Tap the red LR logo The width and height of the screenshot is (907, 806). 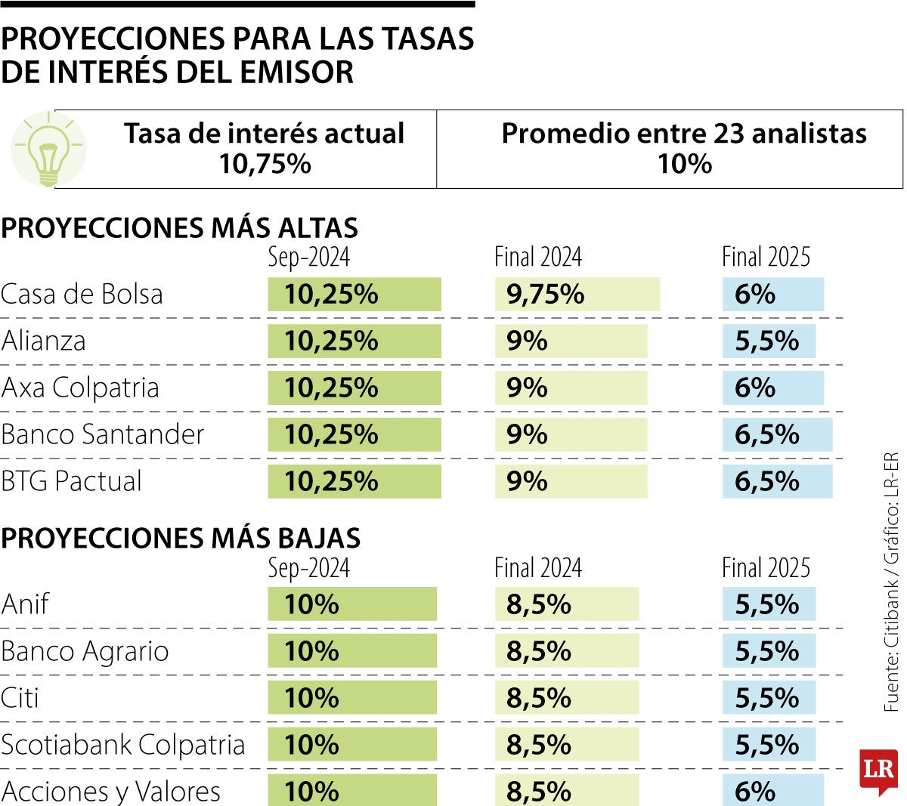[x=878, y=770]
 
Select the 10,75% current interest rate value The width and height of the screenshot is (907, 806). [x=265, y=164]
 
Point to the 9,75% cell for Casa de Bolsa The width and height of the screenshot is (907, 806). [x=577, y=294]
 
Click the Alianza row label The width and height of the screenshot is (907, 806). [x=44, y=341]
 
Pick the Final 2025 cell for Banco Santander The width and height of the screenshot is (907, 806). [x=777, y=435]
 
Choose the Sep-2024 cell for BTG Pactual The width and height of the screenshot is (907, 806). [x=354, y=481]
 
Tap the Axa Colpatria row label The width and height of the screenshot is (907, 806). [x=80, y=388]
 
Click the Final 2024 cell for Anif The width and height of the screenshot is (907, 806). [x=566, y=604]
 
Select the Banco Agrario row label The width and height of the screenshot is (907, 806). [x=85, y=651]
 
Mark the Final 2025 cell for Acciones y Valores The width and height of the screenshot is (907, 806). [x=772, y=791]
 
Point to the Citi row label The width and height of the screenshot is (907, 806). [x=20, y=698]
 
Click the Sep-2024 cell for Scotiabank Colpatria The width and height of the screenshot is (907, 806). [x=351, y=745]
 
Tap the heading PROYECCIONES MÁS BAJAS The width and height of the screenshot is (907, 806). [x=181, y=538]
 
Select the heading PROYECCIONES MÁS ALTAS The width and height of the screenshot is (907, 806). [x=179, y=228]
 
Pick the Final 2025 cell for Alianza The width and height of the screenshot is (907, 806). [x=769, y=341]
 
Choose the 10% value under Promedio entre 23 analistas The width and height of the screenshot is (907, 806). [x=684, y=164]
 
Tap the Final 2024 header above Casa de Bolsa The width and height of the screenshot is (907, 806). [x=538, y=257]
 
